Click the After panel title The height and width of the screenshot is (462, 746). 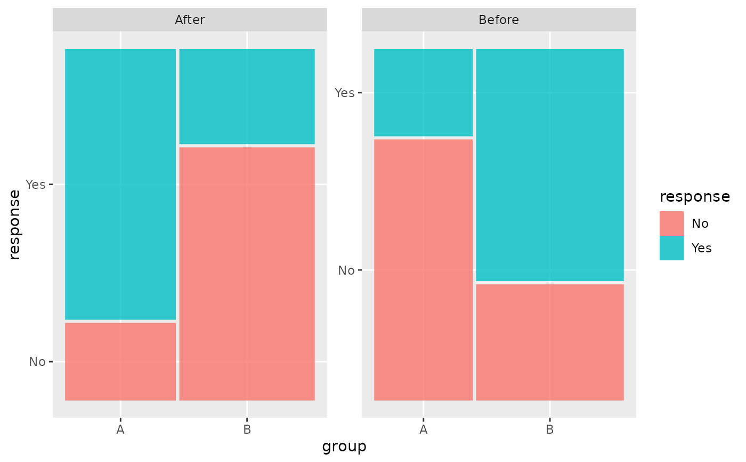190,20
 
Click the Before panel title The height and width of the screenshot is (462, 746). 499,20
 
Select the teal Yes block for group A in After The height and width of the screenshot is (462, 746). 120,185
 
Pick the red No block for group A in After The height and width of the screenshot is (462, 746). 120,361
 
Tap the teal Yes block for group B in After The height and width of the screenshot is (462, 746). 247,97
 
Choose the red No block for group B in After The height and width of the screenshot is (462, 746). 247,274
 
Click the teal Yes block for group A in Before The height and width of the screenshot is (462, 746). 423,93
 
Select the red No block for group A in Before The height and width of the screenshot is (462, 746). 423,269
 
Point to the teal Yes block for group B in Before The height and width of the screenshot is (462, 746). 550,165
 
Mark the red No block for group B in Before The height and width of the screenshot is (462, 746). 550,342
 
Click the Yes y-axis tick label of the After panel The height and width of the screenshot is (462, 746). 36,185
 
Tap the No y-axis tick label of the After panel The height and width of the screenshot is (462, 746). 37,362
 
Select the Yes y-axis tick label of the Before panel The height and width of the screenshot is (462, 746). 345,93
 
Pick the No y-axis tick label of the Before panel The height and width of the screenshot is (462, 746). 346,270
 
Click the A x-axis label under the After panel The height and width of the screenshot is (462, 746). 120,429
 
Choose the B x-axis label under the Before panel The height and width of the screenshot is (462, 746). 550,429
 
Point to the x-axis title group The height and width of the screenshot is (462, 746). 344,447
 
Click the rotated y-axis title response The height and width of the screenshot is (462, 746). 14,225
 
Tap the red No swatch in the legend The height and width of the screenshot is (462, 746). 672,224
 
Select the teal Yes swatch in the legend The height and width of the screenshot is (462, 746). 672,248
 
